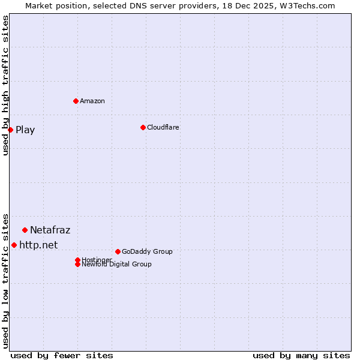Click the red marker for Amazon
click(x=76, y=101)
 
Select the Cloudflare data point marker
click(x=143, y=127)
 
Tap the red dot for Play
click(x=10, y=130)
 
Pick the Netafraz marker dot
click(x=25, y=230)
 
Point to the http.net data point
click(x=14, y=245)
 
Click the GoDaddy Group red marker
click(x=118, y=251)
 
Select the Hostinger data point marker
click(x=77, y=260)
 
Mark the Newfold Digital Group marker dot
click(x=77, y=264)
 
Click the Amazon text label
click(x=92, y=101)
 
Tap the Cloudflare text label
click(x=163, y=127)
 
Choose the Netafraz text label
click(x=50, y=230)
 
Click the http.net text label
click(x=38, y=245)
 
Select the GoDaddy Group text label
click(x=147, y=251)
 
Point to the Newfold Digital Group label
click(x=117, y=265)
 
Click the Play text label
click(x=25, y=130)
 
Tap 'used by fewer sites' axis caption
click(x=62, y=355)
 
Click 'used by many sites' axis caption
click(x=301, y=355)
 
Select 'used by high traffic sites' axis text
click(x=6, y=85)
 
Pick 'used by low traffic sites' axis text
click(x=6, y=280)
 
